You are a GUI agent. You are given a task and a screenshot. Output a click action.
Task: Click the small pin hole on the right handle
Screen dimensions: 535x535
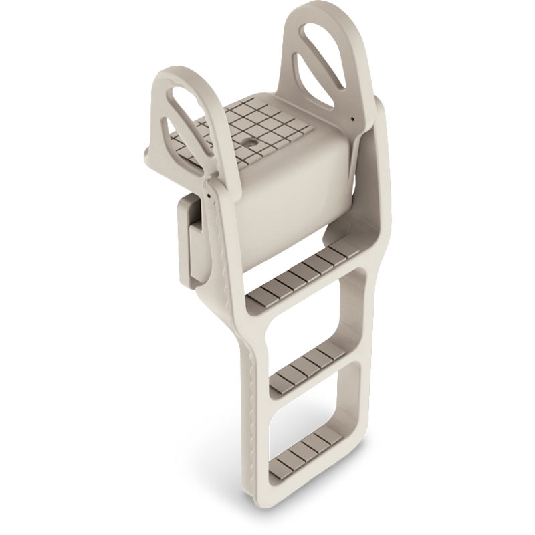coord(352,120)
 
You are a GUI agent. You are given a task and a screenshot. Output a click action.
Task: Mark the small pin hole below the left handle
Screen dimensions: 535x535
coord(209,196)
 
